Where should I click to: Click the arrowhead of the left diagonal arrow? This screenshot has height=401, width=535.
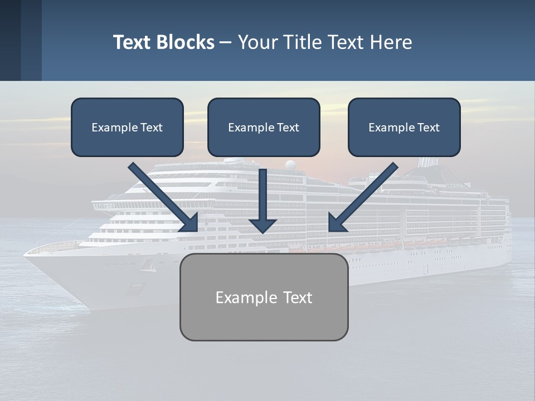click(189, 223)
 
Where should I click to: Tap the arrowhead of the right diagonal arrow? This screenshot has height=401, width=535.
click(337, 223)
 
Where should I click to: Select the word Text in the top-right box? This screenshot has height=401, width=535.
click(429, 128)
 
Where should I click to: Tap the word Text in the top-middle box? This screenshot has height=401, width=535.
click(288, 128)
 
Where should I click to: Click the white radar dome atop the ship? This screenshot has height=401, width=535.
click(290, 165)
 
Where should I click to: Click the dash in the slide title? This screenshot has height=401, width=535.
click(226, 43)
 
